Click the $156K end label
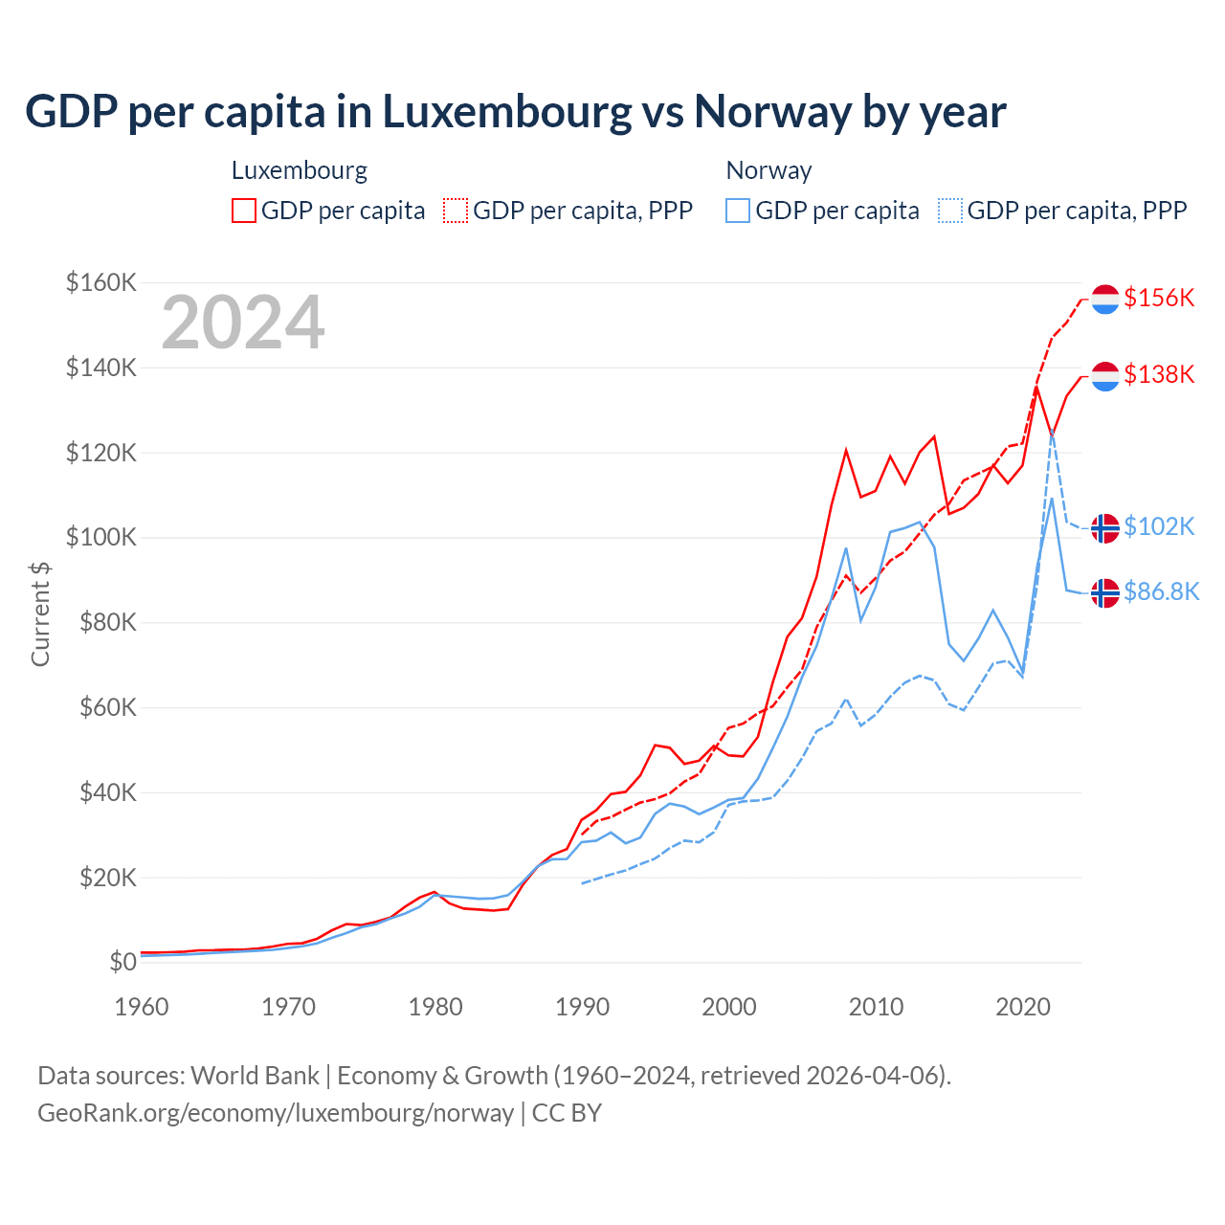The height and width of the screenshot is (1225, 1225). [1159, 298]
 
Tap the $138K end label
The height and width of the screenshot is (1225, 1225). [1159, 374]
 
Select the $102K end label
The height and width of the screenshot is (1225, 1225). [1159, 526]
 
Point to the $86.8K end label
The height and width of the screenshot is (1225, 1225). [1161, 591]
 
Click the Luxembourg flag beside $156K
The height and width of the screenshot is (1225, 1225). [1105, 299]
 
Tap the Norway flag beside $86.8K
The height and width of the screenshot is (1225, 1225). [1105, 593]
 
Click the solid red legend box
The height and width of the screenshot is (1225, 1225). [244, 211]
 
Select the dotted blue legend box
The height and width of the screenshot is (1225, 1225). [950, 211]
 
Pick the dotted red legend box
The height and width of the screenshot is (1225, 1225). [456, 211]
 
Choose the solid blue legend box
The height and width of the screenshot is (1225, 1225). [738, 211]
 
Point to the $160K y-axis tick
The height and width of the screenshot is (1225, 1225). [101, 283]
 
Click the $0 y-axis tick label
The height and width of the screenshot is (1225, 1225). [122, 962]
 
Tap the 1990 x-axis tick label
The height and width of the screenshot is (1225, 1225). [582, 1007]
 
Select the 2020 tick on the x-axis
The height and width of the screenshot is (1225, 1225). [1023, 1007]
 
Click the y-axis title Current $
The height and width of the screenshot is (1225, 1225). [40, 613]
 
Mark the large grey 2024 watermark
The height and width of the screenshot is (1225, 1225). [243, 323]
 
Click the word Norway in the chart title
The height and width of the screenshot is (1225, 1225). [772, 112]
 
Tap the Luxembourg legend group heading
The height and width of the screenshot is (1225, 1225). [300, 170]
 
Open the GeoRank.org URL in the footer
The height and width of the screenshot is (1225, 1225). [276, 1113]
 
